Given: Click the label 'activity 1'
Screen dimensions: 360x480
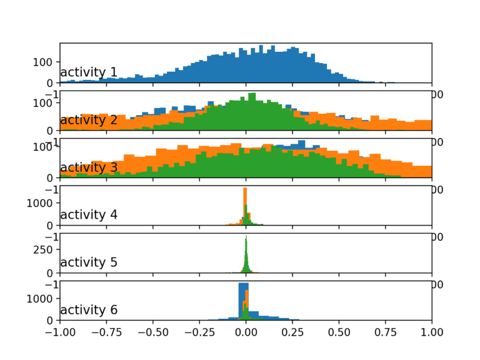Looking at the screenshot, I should [88, 72].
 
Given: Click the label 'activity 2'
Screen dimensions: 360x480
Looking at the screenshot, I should [88, 120].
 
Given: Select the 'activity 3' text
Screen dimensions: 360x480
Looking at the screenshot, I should [88, 167].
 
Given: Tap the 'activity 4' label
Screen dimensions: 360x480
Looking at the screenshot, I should [88, 215].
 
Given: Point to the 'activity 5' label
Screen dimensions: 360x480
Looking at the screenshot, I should [88, 262].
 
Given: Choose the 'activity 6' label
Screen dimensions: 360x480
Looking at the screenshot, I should [88, 310].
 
